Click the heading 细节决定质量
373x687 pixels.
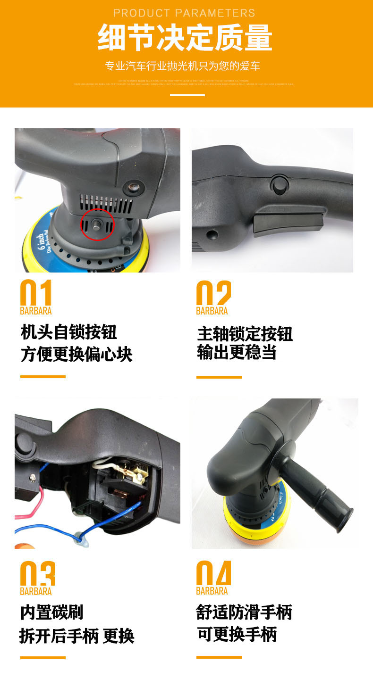pyautogui.click(x=185, y=38)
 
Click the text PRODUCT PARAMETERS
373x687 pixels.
pyautogui.click(x=184, y=13)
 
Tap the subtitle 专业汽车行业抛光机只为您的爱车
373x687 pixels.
pyautogui.click(x=183, y=66)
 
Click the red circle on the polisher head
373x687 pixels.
pyautogui.click(x=97, y=223)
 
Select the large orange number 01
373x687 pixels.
pyautogui.click(x=36, y=293)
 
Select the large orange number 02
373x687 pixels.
pyautogui.click(x=213, y=293)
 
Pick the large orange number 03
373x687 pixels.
pyautogui.click(x=37, y=574)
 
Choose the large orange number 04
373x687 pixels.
pyautogui.click(x=213, y=574)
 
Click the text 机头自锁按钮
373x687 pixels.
pyautogui.click(x=69, y=332)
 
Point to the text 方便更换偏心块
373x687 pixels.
pyautogui.click(x=76, y=354)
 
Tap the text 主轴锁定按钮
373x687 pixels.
pyautogui.click(x=245, y=334)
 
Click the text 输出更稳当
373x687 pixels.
pyautogui.click(x=237, y=352)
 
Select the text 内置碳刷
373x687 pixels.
pyautogui.click(x=52, y=612)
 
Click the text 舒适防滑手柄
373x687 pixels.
pyautogui.click(x=244, y=612)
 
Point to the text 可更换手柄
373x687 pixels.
pyautogui.click(x=237, y=634)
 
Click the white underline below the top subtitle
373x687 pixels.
pyautogui.click(x=187, y=95)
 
